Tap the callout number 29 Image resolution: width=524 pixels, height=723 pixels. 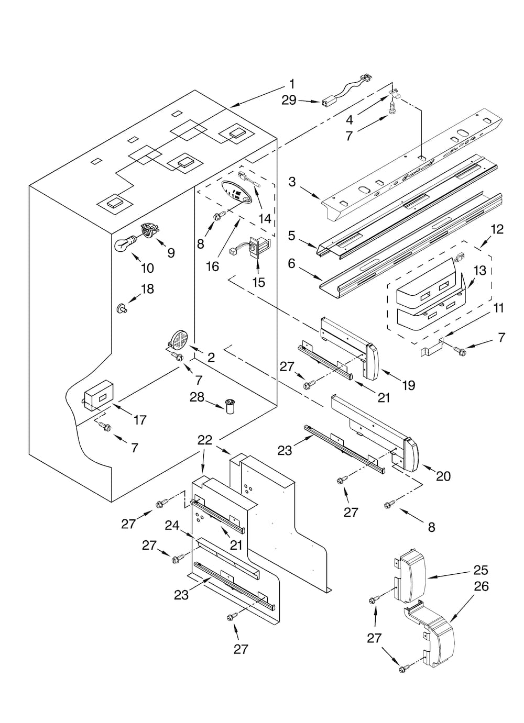(x=289, y=100)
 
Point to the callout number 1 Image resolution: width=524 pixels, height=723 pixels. (x=292, y=84)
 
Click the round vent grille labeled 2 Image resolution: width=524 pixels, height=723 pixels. (x=179, y=340)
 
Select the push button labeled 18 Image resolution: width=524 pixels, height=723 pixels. (x=123, y=309)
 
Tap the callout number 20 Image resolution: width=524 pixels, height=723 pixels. (x=443, y=476)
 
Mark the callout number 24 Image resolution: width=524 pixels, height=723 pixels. (x=172, y=525)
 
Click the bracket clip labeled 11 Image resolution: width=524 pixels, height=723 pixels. (x=433, y=348)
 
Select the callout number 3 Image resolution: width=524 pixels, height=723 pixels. (x=292, y=182)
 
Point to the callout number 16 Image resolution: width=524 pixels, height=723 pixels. (x=212, y=266)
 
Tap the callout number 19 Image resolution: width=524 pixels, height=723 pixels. (x=408, y=385)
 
